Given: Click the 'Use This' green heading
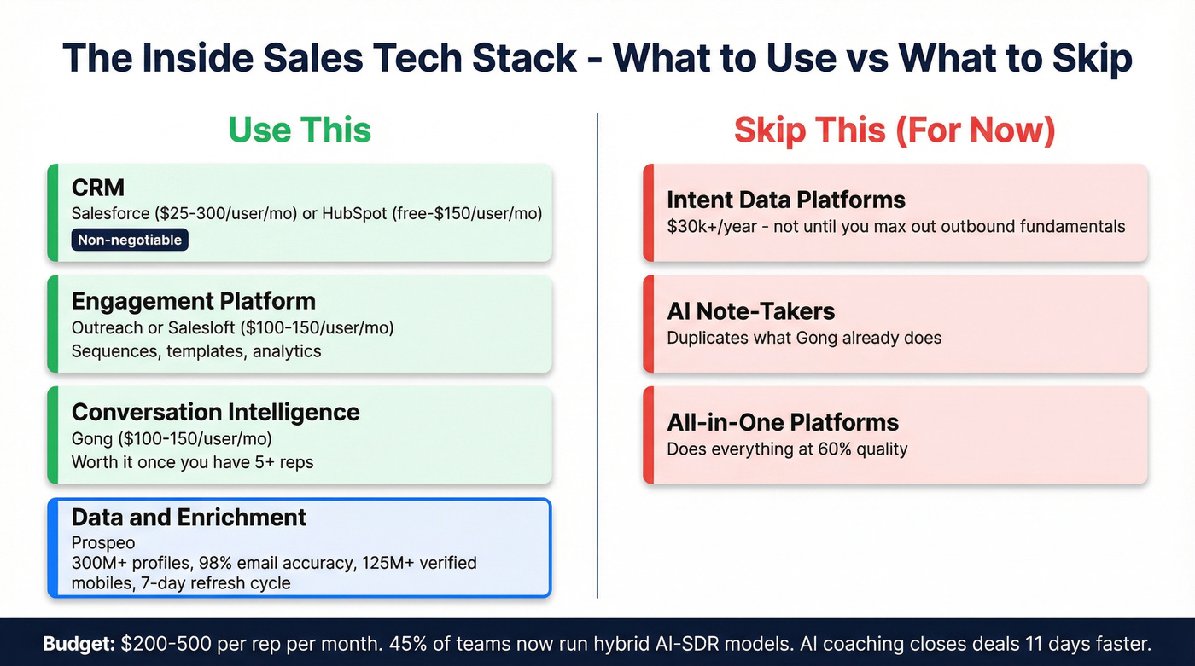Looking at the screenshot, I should click(x=300, y=130).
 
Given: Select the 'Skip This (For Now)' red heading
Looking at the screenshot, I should click(x=895, y=130).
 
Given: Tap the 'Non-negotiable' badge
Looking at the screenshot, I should click(x=130, y=240).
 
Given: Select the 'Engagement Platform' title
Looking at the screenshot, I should click(x=193, y=301).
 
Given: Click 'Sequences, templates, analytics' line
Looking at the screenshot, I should click(x=196, y=350).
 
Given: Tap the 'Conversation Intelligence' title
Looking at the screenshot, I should click(x=215, y=412).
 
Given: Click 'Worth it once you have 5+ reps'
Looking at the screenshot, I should click(x=192, y=462).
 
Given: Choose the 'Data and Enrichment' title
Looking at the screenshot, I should click(x=189, y=517).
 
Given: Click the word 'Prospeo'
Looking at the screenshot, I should click(x=103, y=542).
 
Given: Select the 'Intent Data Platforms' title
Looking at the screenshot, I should click(x=785, y=200).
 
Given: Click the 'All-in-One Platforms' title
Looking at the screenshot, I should click(x=782, y=422).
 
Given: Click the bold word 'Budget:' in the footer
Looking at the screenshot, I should click(x=79, y=643).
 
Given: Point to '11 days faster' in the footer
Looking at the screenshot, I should click(x=1093, y=643).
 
